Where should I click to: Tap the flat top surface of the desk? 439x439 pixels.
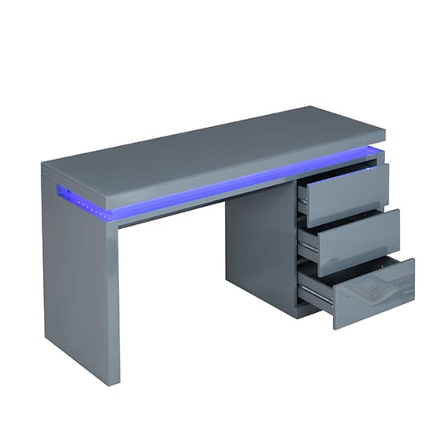click(208, 144)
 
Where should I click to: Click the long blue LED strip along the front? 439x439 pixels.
click(208, 188)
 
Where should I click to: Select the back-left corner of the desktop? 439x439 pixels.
click(43, 166)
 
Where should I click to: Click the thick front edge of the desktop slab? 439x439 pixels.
click(239, 172)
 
